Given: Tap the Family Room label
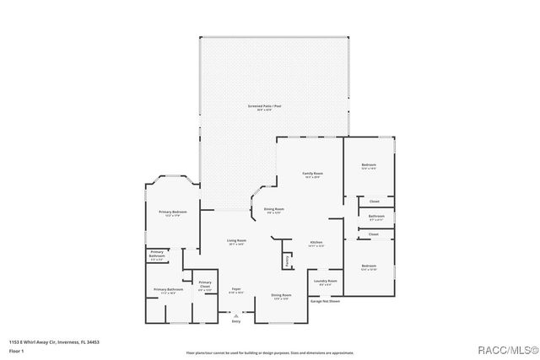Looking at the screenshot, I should point(313,174).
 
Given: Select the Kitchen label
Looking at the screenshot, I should point(316,242).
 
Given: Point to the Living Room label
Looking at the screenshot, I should point(235,241).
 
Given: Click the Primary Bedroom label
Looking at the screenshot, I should point(172,212).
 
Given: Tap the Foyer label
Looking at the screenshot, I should point(236,290).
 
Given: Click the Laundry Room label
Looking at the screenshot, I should point(326,281).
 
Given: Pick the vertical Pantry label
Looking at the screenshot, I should point(288,261).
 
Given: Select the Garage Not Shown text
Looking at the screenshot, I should point(326,300).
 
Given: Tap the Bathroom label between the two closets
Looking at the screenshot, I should point(376,217).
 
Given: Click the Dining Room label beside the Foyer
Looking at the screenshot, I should point(281,295).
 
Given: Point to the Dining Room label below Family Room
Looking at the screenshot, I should point(273,209).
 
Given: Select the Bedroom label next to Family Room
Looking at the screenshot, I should point(369,164).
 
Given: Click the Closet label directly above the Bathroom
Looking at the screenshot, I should point(374,201).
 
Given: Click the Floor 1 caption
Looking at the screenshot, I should point(16,350).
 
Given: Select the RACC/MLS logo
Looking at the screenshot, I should point(504,349).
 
